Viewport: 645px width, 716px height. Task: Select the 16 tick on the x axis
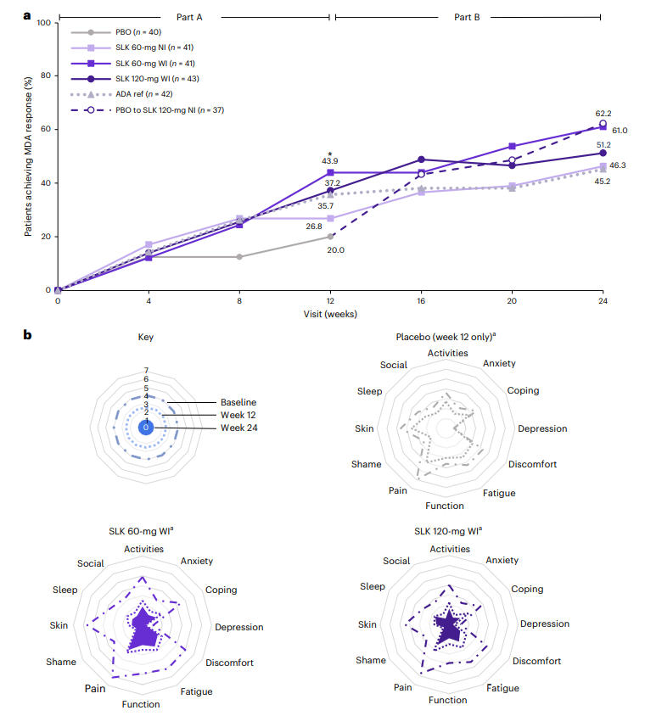click(x=421, y=301)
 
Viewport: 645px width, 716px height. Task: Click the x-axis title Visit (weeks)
click(x=330, y=314)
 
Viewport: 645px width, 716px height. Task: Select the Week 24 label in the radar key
click(x=239, y=428)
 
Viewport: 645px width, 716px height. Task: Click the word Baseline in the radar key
click(x=238, y=401)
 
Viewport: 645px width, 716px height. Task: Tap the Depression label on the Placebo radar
click(x=542, y=428)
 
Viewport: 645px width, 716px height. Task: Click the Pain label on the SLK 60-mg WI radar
click(x=94, y=689)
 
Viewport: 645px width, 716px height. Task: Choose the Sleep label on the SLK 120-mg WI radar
click(x=372, y=587)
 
